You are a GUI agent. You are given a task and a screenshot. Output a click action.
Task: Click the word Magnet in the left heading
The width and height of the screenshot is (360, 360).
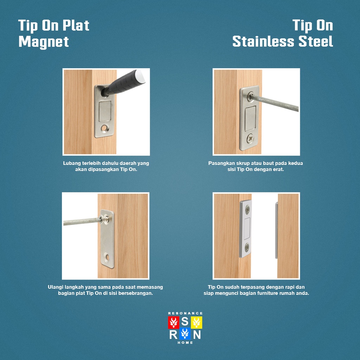[x=44, y=42]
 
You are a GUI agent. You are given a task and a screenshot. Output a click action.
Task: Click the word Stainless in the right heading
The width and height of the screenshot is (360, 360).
[x=263, y=41]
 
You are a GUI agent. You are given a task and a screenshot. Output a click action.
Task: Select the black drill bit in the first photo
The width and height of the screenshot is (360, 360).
[x=123, y=83]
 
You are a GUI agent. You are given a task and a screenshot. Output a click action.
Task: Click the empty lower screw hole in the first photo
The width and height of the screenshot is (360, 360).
[x=105, y=128]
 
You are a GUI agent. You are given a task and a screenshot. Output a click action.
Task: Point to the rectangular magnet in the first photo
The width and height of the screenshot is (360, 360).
[x=105, y=111]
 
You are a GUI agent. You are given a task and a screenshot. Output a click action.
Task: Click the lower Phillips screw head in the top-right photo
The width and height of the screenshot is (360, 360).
[x=250, y=139]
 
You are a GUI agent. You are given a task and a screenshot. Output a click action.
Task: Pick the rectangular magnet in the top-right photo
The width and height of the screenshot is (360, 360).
[x=250, y=118]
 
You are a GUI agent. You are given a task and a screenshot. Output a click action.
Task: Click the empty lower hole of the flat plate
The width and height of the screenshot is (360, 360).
[x=107, y=257]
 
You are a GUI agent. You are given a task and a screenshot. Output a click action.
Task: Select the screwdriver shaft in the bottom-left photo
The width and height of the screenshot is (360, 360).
[x=82, y=221]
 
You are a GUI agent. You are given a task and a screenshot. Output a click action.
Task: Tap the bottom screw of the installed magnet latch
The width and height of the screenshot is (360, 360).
[x=247, y=247]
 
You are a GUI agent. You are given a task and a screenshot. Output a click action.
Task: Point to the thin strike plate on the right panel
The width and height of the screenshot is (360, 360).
[x=276, y=230]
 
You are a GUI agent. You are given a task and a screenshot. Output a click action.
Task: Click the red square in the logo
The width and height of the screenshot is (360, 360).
[x=173, y=322]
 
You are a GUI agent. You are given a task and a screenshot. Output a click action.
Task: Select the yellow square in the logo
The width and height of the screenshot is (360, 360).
[x=197, y=322]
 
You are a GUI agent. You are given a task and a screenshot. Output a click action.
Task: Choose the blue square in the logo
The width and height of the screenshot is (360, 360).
[x=185, y=334]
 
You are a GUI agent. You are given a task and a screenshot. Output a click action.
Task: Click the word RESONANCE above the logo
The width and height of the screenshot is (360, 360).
[x=185, y=313]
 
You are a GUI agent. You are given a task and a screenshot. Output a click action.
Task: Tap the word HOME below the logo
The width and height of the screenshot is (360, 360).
[x=185, y=342]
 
